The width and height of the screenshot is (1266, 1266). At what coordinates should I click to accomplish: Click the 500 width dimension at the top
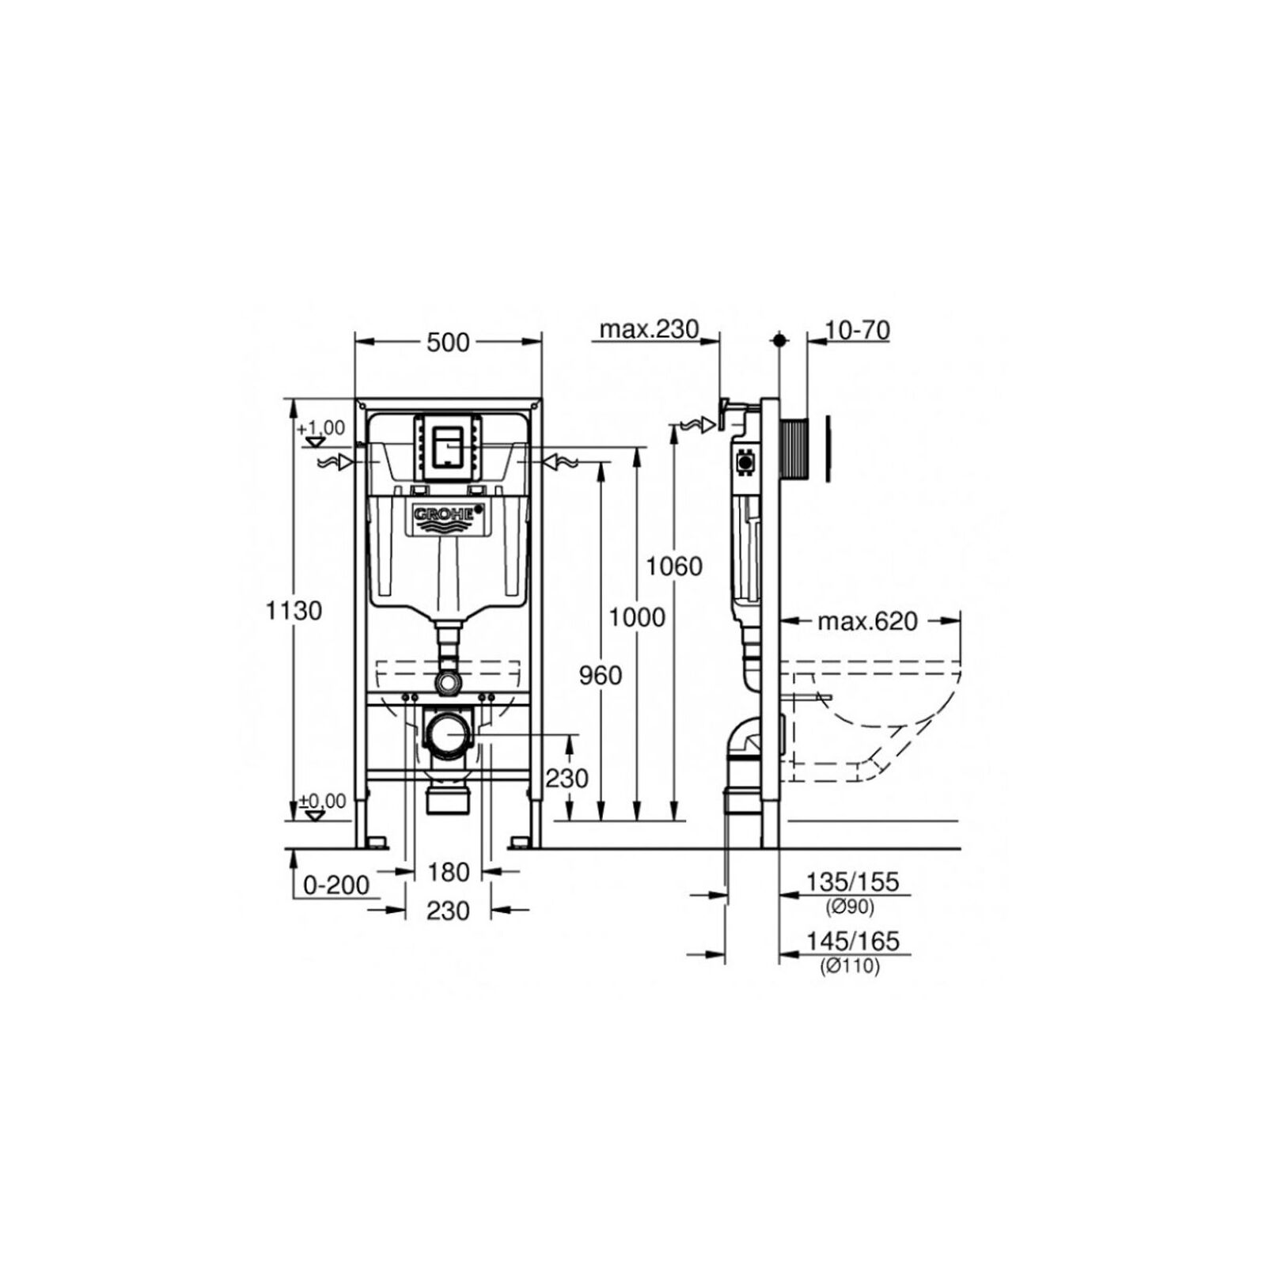click(x=449, y=342)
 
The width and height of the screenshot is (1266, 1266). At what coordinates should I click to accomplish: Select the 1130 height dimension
click(x=294, y=611)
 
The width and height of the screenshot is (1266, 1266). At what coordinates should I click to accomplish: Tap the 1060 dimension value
click(x=674, y=567)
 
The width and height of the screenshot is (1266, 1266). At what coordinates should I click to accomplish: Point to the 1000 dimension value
click(x=637, y=616)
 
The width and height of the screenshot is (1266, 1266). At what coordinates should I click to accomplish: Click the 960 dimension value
click(x=601, y=675)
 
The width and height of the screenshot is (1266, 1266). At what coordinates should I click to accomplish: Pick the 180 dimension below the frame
click(x=449, y=872)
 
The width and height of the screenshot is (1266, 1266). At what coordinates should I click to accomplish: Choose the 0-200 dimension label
click(x=337, y=885)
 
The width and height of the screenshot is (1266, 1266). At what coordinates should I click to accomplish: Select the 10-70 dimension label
click(x=857, y=329)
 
